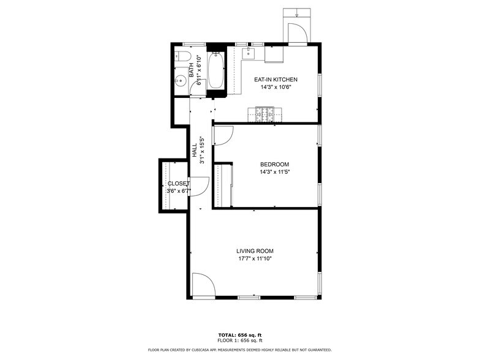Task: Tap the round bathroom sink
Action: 181,80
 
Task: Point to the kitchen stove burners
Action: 266,113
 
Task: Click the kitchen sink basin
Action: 248,53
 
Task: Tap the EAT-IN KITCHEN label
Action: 276,80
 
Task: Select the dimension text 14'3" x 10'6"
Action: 276,87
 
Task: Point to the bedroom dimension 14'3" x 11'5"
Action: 274,172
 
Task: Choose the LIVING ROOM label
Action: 255,251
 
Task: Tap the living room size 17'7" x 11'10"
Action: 255,259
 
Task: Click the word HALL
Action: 195,151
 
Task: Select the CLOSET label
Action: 179,183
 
